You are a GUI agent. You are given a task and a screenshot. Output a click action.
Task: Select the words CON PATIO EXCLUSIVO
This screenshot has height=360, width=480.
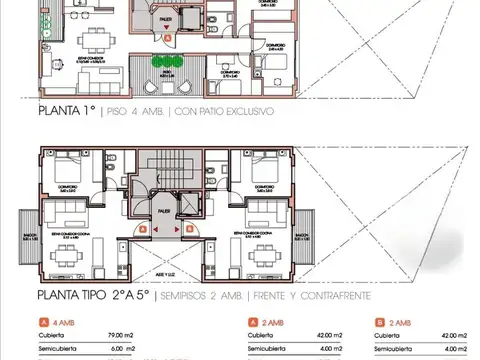[x=226, y=111]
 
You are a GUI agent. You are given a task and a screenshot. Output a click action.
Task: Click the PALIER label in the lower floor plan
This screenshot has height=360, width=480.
[x=162, y=212]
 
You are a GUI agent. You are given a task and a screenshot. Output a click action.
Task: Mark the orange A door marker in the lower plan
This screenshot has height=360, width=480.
[x=145, y=228]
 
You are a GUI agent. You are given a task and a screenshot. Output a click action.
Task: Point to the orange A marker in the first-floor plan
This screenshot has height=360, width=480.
[x=170, y=36]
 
